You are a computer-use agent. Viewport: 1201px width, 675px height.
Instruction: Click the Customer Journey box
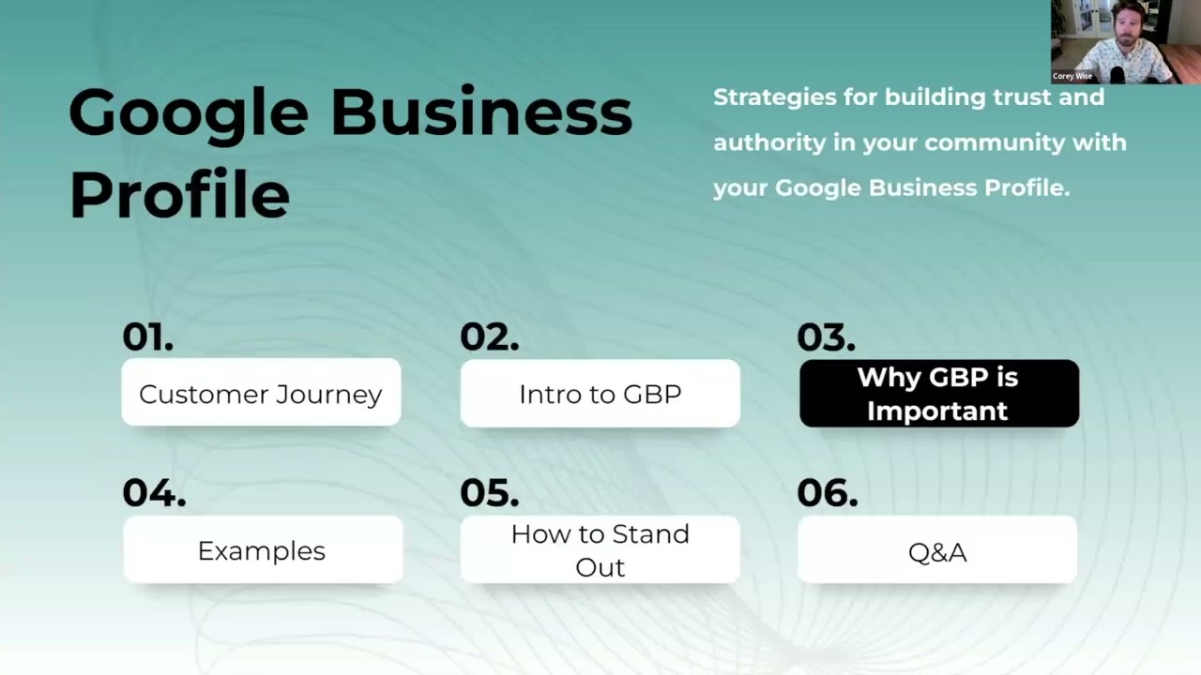(x=261, y=393)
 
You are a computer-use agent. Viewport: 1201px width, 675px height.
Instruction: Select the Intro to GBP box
(x=600, y=393)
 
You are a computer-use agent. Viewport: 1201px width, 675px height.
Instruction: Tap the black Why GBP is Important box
(x=938, y=393)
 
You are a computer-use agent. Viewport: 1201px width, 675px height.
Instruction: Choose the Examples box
(x=262, y=550)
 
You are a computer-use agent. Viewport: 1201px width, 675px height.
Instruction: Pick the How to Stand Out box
(x=600, y=550)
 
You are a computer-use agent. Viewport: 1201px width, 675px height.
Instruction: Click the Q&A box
(x=937, y=550)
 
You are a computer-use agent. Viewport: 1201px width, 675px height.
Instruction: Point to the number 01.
(x=147, y=337)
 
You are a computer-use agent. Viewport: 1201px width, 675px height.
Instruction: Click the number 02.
(x=489, y=337)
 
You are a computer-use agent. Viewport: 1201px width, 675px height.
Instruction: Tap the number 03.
(x=826, y=337)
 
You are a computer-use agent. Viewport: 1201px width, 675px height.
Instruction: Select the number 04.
(x=154, y=493)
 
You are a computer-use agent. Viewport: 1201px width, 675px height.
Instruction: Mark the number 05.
(x=489, y=493)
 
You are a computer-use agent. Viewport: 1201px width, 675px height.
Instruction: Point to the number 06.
(x=827, y=493)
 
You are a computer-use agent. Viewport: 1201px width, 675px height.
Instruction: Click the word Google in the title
(x=188, y=114)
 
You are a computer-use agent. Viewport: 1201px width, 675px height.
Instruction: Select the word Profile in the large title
(x=179, y=194)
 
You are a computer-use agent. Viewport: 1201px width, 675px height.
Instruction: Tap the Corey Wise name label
(x=1072, y=76)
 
